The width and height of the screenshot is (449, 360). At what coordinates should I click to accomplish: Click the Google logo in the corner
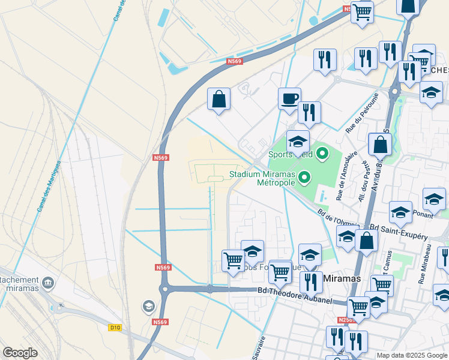20,353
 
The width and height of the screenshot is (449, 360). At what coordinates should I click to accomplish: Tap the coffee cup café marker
289,98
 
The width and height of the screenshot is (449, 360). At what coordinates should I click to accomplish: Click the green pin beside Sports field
322,154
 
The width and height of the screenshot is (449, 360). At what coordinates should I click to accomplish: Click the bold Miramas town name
342,279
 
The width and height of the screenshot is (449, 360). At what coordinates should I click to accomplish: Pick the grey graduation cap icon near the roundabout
148,307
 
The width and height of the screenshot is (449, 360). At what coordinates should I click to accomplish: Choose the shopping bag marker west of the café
218,98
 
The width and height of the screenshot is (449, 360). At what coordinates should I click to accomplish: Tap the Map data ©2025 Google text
411,355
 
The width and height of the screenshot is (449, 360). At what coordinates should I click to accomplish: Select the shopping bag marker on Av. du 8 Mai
380,144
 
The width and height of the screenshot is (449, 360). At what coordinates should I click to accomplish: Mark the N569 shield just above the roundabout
161,268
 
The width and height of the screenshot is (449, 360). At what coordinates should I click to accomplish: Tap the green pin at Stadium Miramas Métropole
305,177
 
